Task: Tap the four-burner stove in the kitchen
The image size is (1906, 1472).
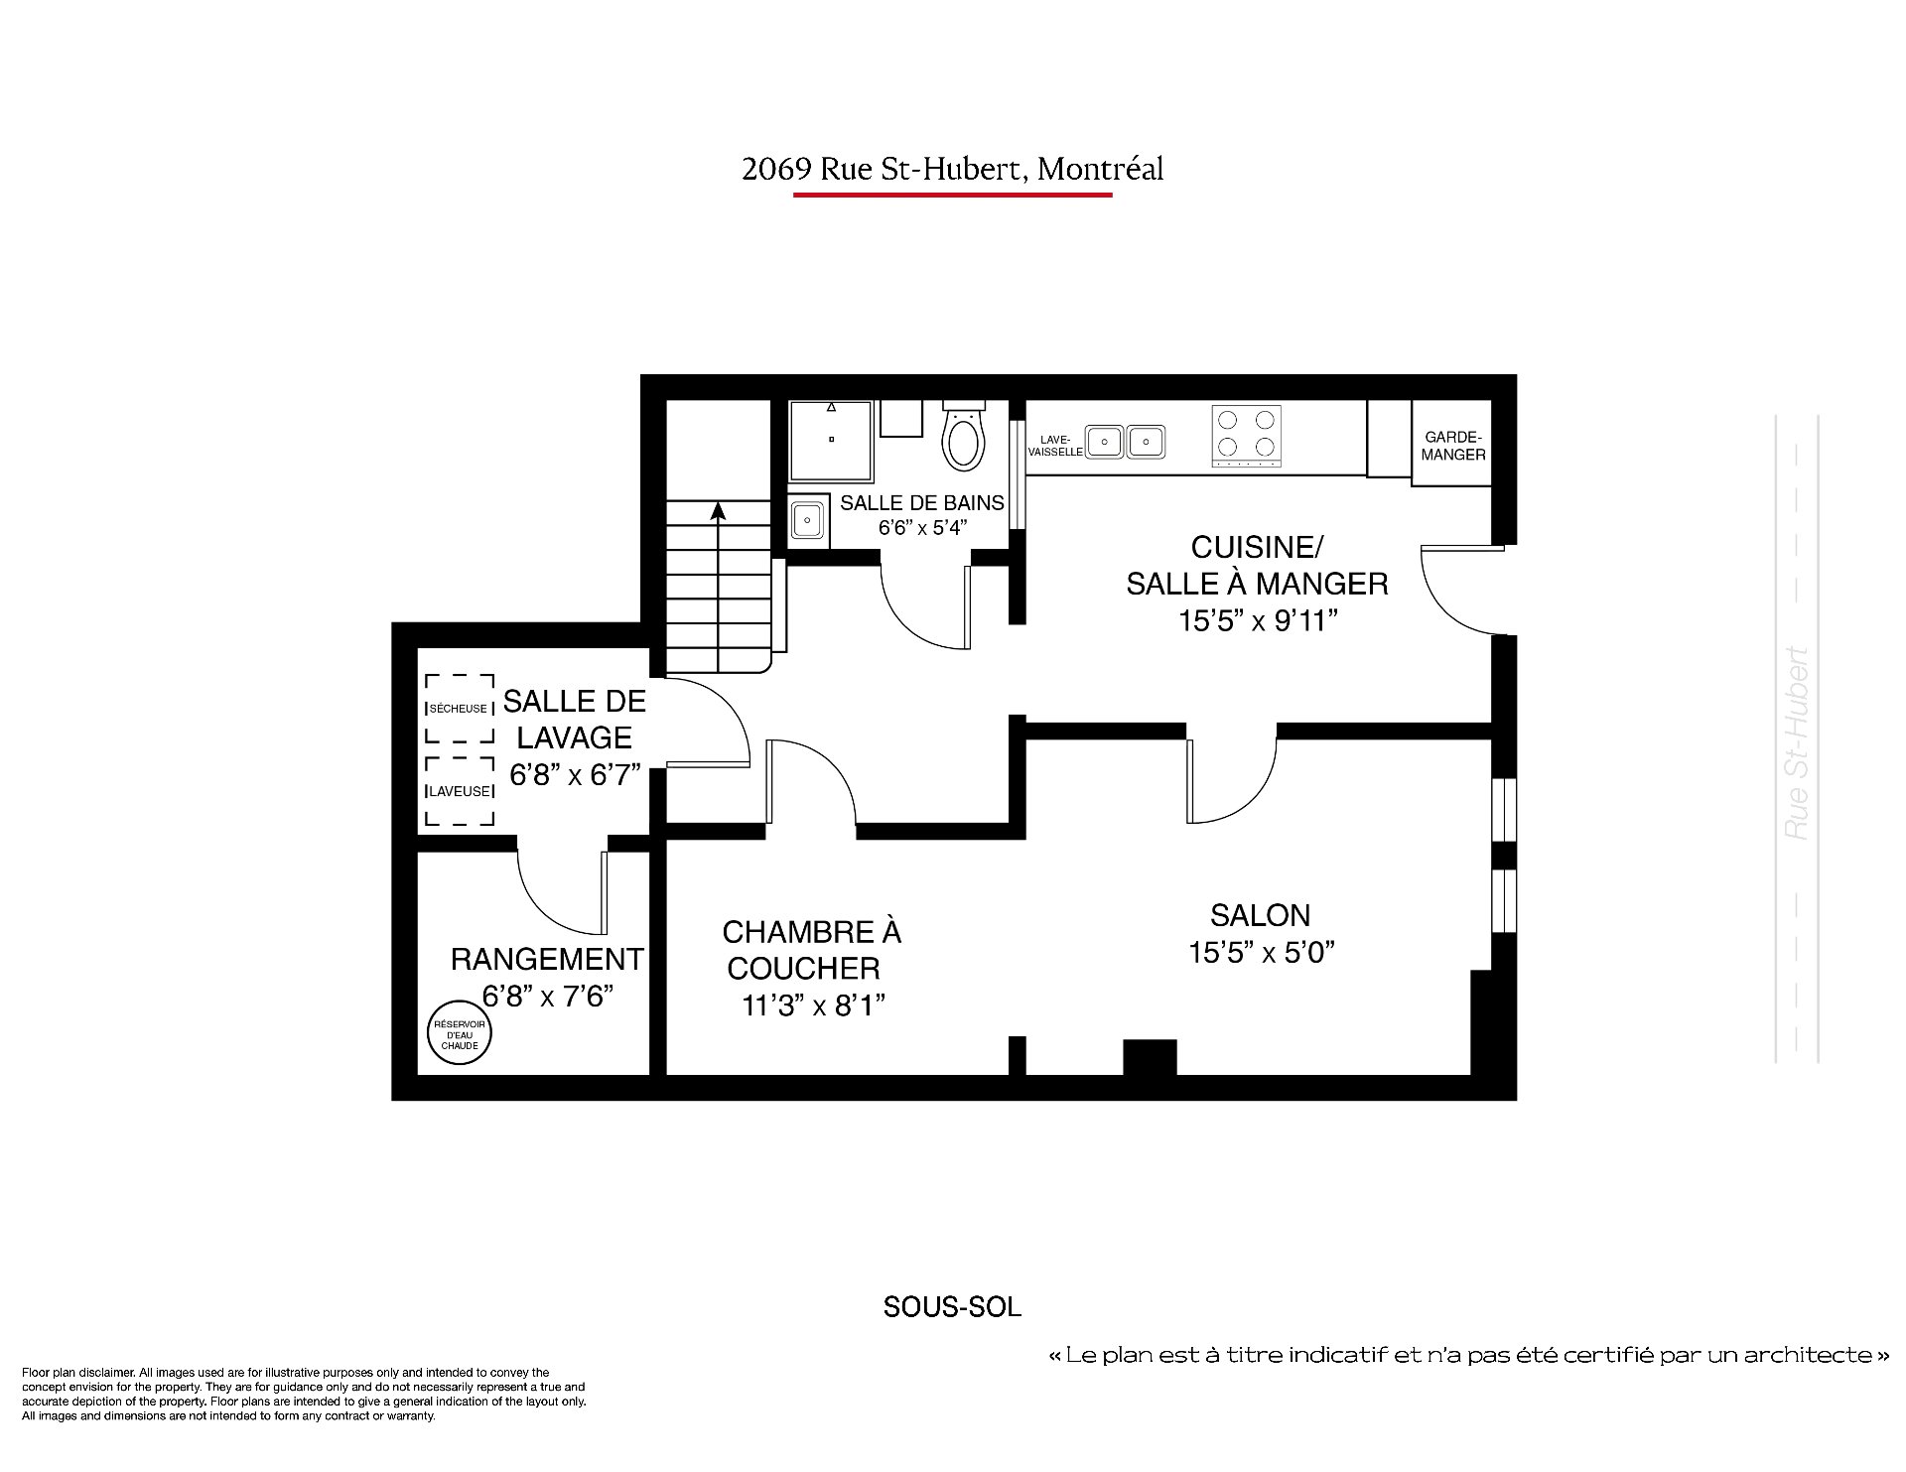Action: click(1247, 436)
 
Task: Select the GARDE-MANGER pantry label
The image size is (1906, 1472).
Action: click(1453, 446)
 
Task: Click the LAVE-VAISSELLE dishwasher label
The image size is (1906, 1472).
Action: click(1055, 446)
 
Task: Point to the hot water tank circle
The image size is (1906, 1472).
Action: click(460, 1032)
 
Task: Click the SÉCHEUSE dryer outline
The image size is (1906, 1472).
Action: click(460, 709)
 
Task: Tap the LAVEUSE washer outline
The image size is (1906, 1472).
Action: click(460, 791)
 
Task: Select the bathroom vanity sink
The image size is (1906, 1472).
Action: click(808, 519)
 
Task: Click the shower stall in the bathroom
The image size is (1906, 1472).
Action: click(831, 440)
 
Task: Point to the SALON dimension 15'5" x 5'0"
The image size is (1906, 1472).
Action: click(1261, 953)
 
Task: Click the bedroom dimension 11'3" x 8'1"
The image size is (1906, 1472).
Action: click(813, 1006)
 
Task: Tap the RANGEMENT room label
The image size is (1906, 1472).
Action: click(547, 959)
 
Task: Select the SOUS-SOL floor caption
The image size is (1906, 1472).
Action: click(952, 1307)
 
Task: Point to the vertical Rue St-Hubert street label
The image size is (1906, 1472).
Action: click(1797, 743)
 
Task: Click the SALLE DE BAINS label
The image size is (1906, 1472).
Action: click(922, 502)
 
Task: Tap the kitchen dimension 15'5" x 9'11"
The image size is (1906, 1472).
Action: click(1258, 621)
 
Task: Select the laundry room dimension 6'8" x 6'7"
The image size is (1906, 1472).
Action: click(575, 775)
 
